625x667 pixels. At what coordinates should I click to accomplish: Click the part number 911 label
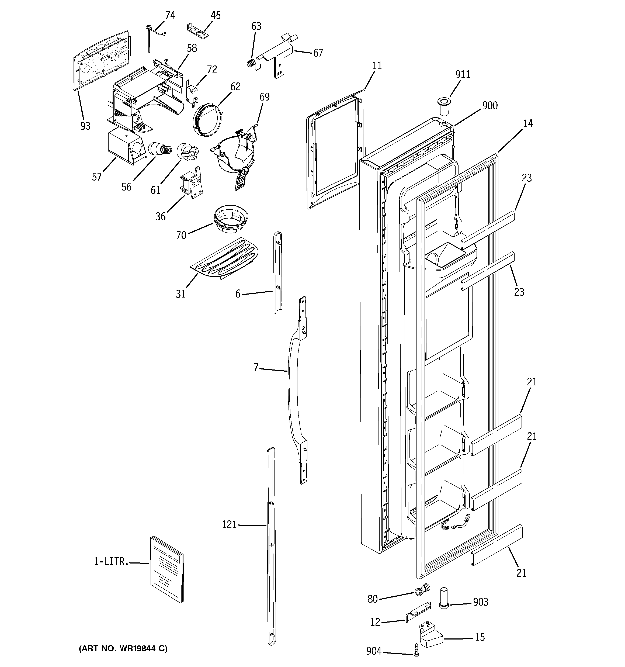(462, 74)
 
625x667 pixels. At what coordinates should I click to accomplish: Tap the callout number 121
(229, 524)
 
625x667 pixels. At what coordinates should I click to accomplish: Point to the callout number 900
(489, 105)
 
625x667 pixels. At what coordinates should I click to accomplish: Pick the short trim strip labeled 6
(277, 272)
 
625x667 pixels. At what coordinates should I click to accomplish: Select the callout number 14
(528, 123)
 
